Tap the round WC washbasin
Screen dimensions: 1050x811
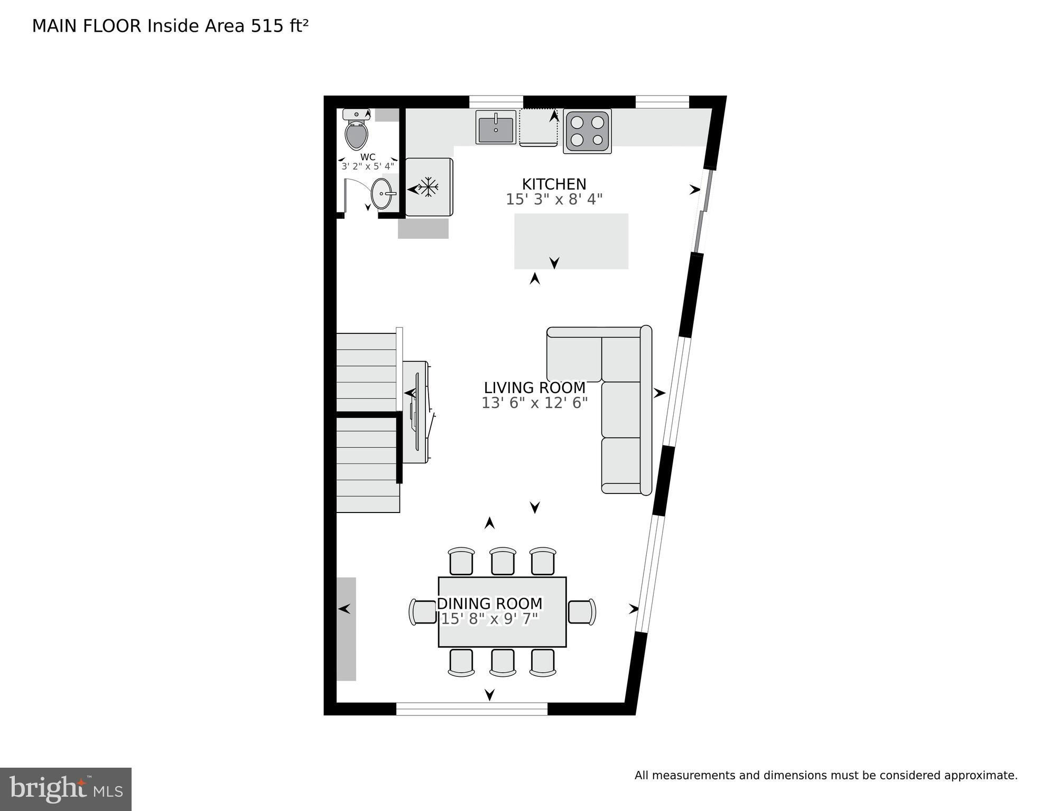pyautogui.click(x=382, y=194)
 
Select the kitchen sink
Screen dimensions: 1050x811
pyautogui.click(x=496, y=127)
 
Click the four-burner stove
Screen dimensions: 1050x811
pyautogui.click(x=587, y=131)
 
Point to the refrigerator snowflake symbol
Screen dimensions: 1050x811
pyautogui.click(x=429, y=187)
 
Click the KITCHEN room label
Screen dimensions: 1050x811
pyautogui.click(x=554, y=184)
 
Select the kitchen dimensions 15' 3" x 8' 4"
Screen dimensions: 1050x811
pyautogui.click(x=554, y=199)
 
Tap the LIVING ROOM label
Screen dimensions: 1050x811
pyautogui.click(x=534, y=388)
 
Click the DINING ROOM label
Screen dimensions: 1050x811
pyautogui.click(x=489, y=603)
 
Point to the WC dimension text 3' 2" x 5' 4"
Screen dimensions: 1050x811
pyautogui.click(x=368, y=166)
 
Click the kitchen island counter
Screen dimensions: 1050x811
pyautogui.click(x=571, y=241)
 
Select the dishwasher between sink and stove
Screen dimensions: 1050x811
pyautogui.click(x=538, y=127)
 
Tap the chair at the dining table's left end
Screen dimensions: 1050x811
pyautogui.click(x=423, y=612)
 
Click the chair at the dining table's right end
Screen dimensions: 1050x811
pyautogui.click(x=582, y=612)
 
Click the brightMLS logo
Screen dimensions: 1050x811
pyautogui.click(x=66, y=789)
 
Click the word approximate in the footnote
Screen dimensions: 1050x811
pyautogui.click(x=981, y=776)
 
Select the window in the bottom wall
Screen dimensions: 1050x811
pyautogui.click(x=472, y=709)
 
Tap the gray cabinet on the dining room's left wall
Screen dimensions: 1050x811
pyautogui.click(x=346, y=629)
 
